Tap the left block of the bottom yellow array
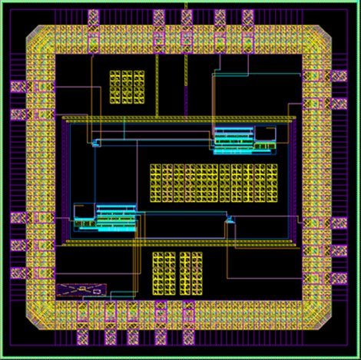(166, 272)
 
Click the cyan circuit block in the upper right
(244, 140)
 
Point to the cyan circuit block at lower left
(105, 217)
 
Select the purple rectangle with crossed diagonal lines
(79, 290)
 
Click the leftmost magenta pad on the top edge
(95, 16)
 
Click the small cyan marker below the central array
(227, 221)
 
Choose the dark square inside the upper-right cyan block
(265, 133)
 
